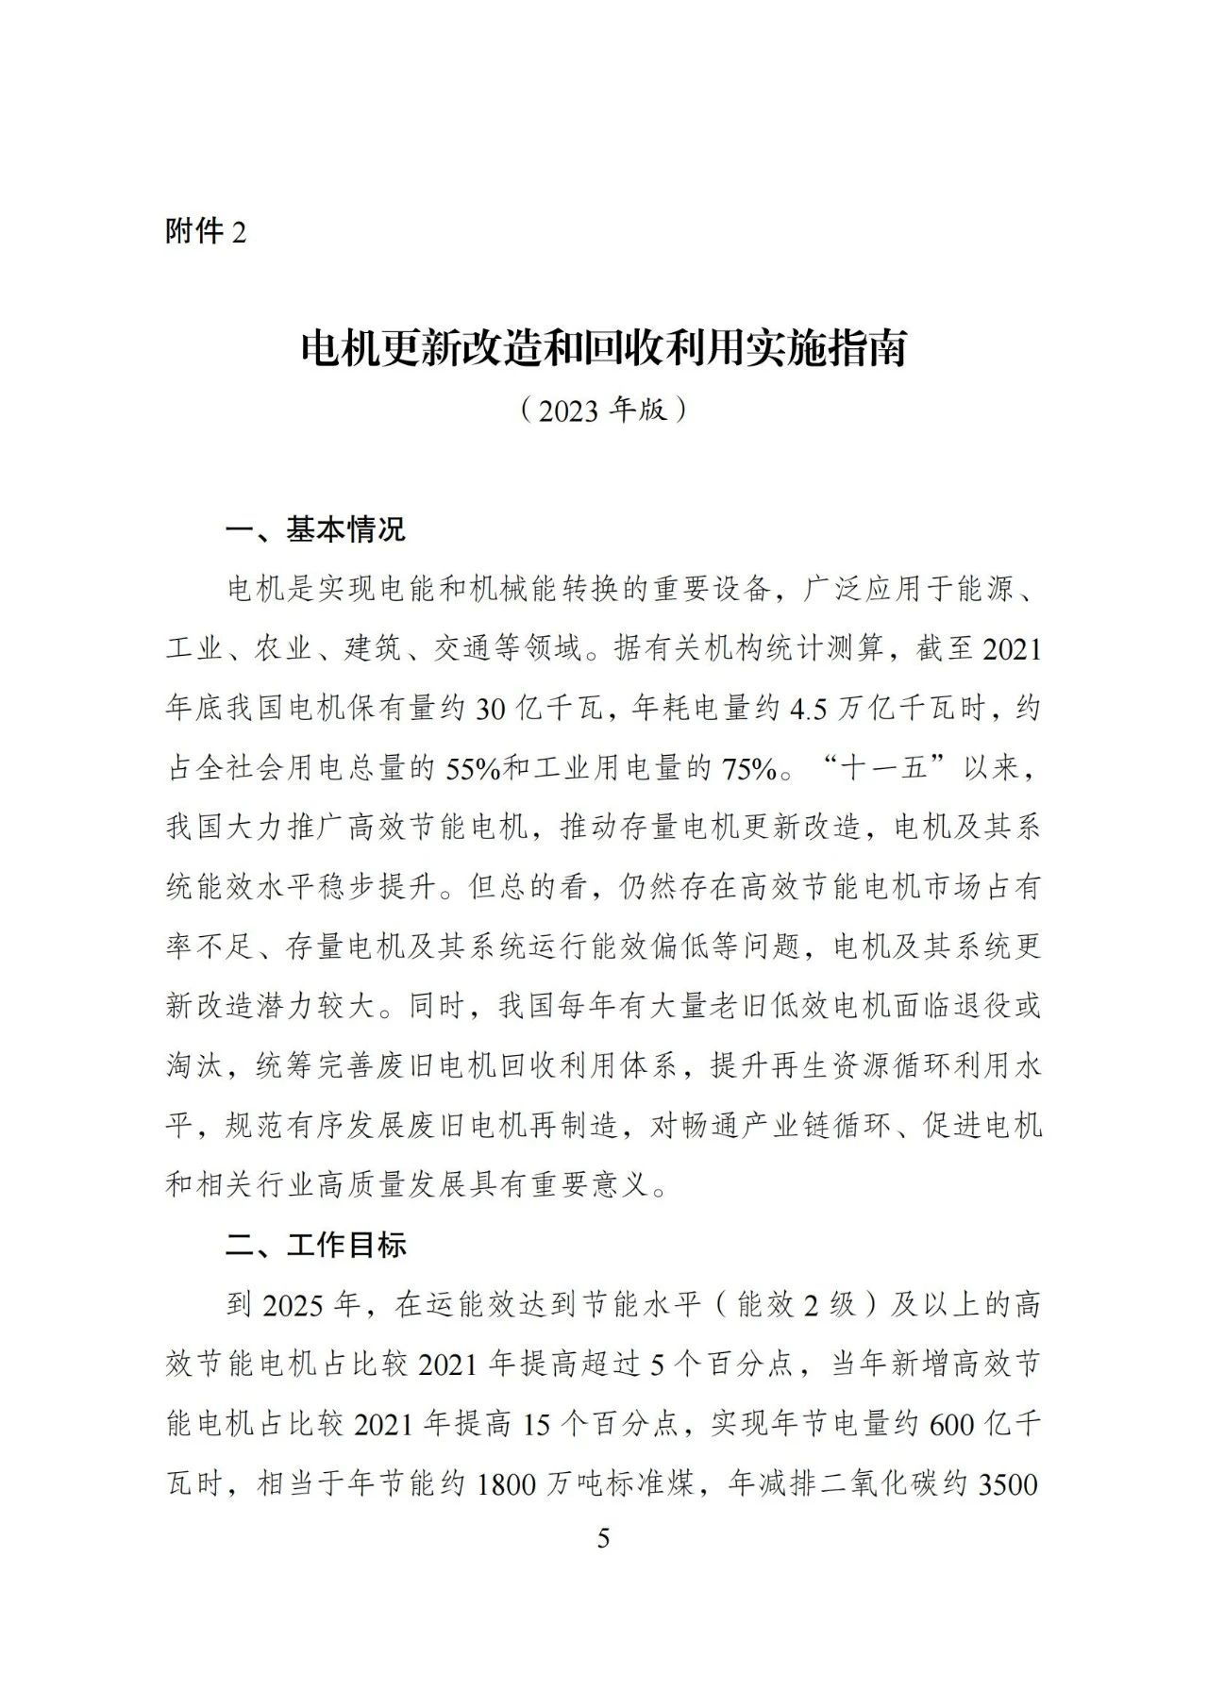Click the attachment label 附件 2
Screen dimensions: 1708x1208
[205, 231]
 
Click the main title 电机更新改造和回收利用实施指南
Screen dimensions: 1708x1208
[603, 349]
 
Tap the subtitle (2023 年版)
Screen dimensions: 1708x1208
[603, 410]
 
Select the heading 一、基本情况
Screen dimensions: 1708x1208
[315, 529]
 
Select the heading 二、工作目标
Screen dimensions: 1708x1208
[315, 1245]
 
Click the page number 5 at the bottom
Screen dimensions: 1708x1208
[604, 1539]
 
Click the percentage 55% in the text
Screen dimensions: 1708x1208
[461, 769]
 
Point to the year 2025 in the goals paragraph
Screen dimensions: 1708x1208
[295, 1305]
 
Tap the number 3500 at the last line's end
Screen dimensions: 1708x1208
[1010, 1484]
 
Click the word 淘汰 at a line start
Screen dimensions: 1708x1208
[194, 1066]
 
